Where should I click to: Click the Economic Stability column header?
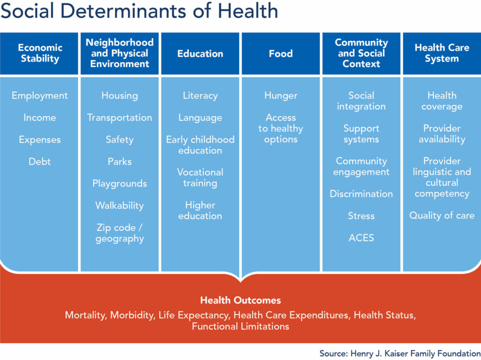(x=40, y=53)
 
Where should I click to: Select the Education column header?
(x=200, y=54)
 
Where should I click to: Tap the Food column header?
(x=281, y=54)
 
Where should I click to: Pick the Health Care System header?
(x=442, y=53)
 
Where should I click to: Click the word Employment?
(x=39, y=96)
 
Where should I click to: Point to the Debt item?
(x=39, y=161)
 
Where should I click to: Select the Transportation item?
(x=119, y=118)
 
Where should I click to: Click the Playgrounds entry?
(x=119, y=184)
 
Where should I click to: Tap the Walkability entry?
(x=119, y=206)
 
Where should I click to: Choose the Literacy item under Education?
(x=200, y=96)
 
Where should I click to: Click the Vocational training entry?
(x=200, y=177)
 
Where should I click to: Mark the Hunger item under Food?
(x=281, y=96)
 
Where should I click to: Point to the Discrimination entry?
(x=361, y=194)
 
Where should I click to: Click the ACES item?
(x=361, y=237)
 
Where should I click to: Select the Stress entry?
(x=361, y=216)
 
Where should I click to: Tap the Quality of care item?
(x=442, y=215)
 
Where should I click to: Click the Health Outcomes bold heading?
(x=240, y=300)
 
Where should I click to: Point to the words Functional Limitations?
(x=240, y=326)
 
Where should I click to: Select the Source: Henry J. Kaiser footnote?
(x=400, y=353)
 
